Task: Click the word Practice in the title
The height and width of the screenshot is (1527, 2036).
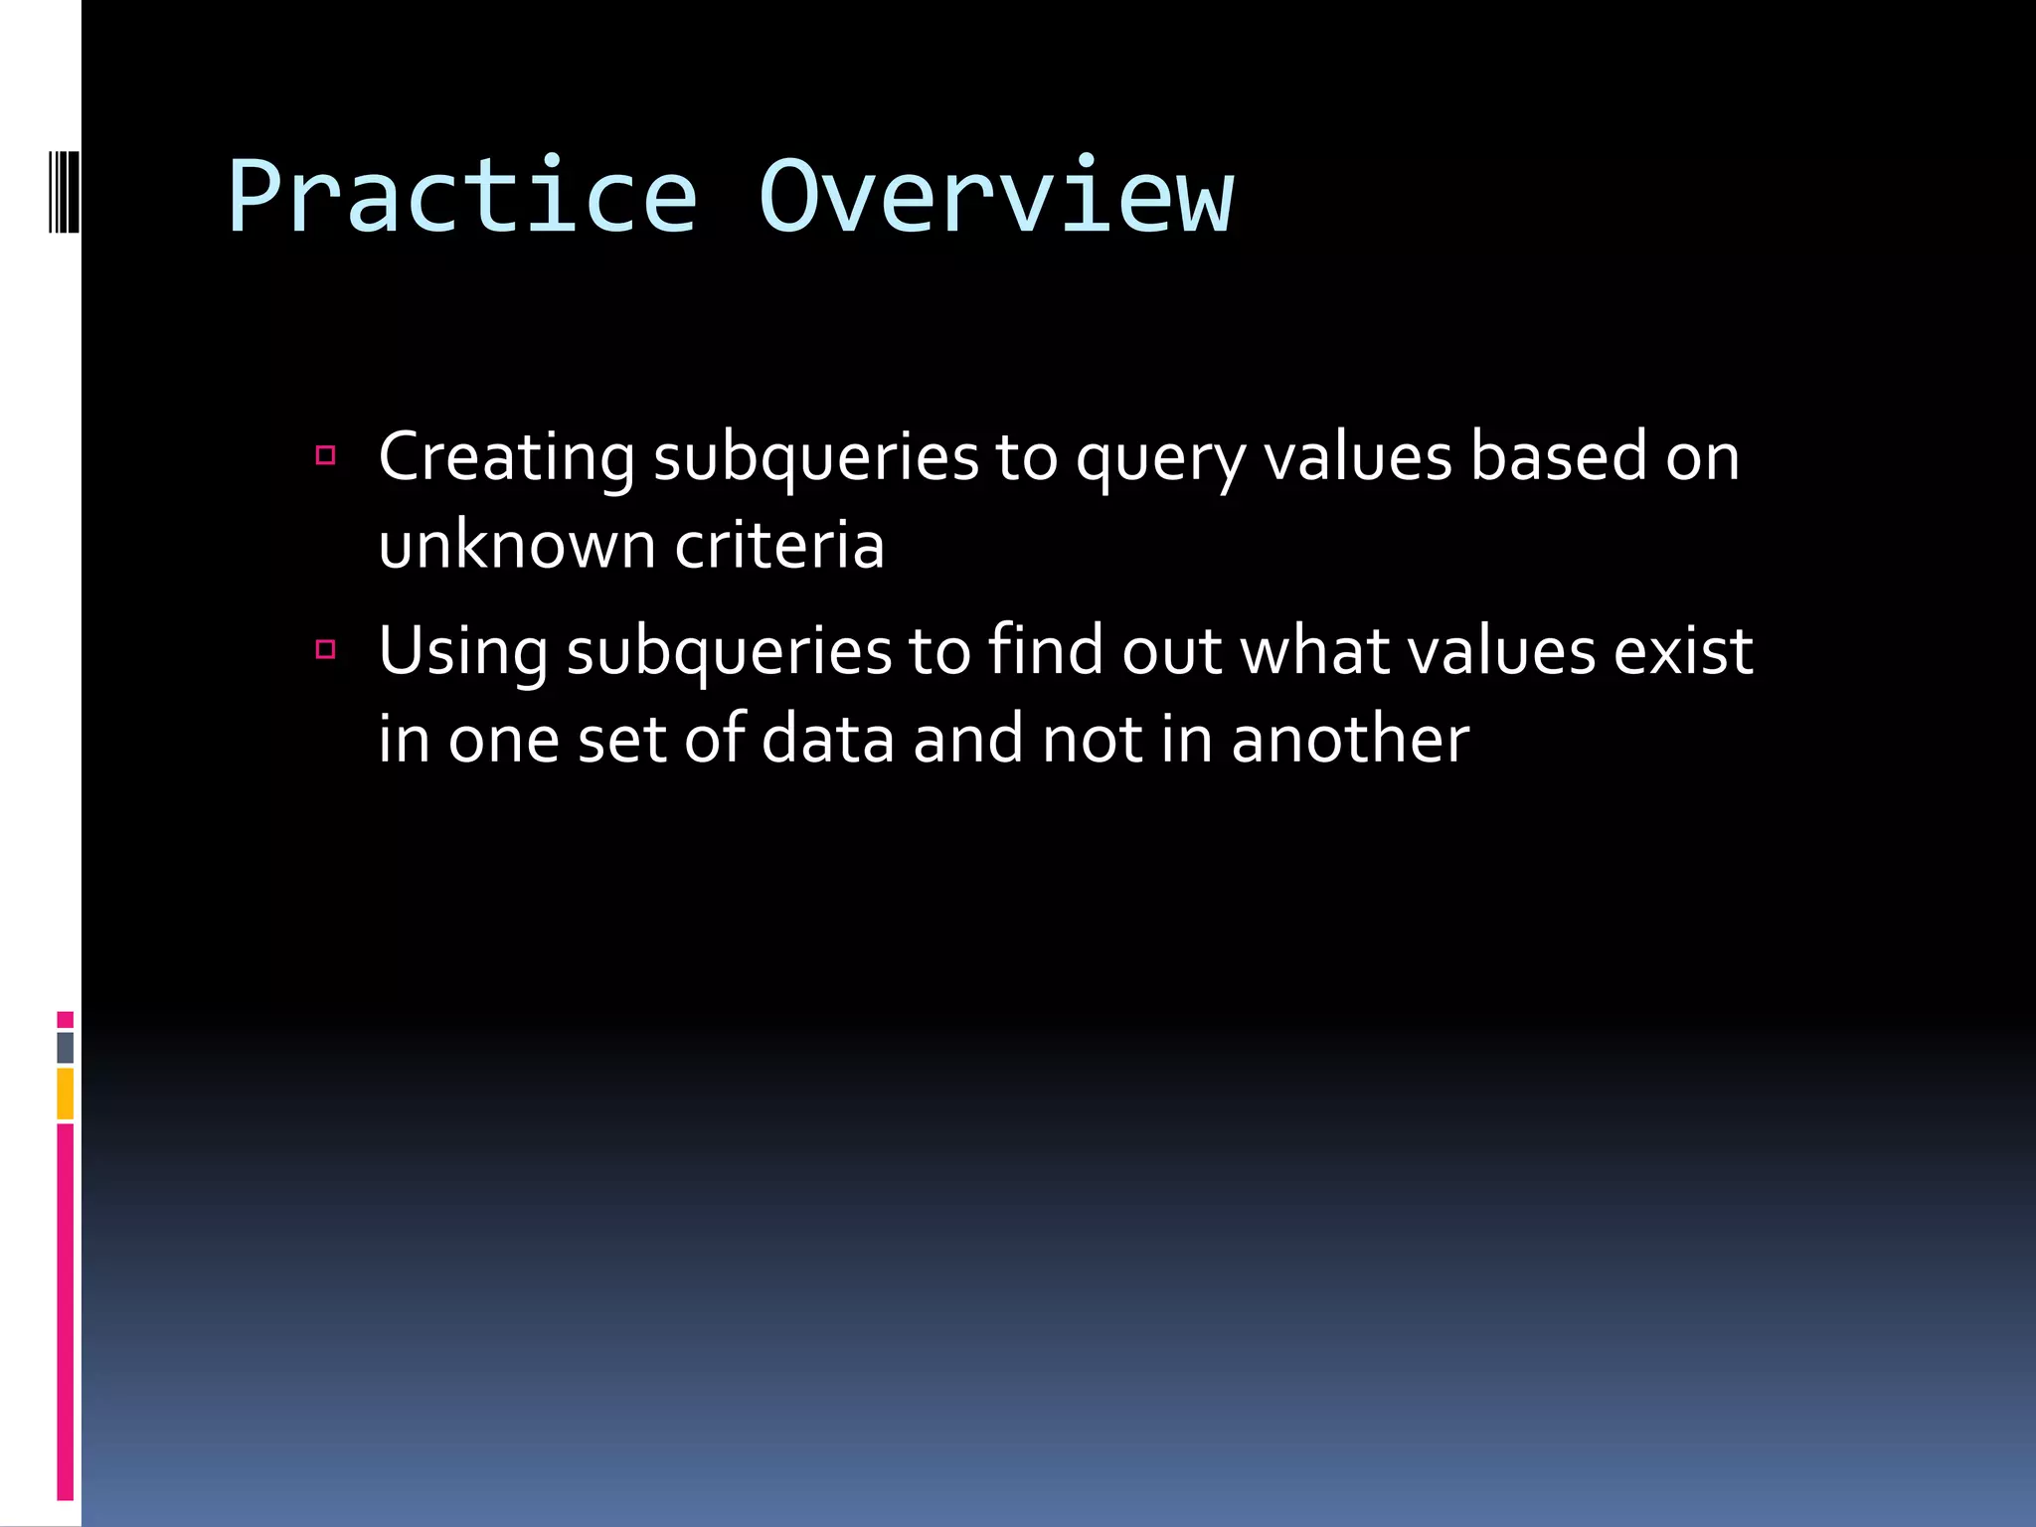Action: pyautogui.click(x=462, y=197)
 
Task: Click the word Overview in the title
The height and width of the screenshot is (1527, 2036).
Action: pyautogui.click(x=995, y=197)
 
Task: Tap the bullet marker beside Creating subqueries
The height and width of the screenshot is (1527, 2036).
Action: pyautogui.click(x=325, y=456)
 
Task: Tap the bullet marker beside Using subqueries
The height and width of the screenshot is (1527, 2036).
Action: pyautogui.click(x=325, y=650)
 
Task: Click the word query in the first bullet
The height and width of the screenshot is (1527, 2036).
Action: pyautogui.click(x=1160, y=459)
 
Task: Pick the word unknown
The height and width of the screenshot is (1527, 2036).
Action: pyautogui.click(x=517, y=546)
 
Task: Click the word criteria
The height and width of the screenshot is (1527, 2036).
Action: pyautogui.click(x=779, y=546)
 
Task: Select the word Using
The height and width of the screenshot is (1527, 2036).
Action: pyautogui.click(x=462, y=652)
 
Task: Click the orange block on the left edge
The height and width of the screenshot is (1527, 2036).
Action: pyautogui.click(x=65, y=1094)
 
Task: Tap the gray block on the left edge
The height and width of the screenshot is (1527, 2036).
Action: pyautogui.click(x=65, y=1048)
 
